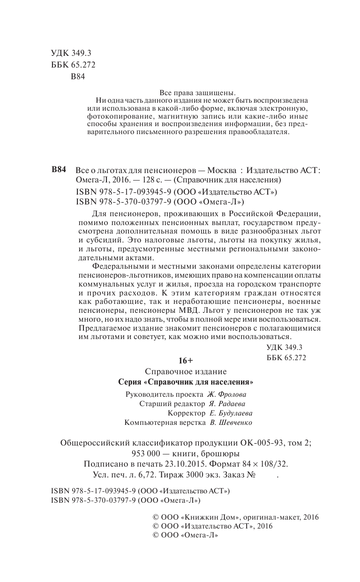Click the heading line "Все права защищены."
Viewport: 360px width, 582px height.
(197, 92)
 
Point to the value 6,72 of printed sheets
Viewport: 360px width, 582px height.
(143, 475)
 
